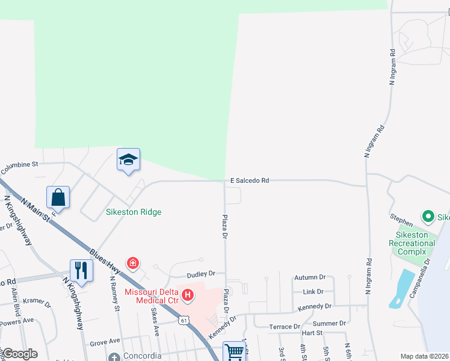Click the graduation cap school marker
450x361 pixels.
click(128, 159)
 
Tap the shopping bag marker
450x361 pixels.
click(58, 197)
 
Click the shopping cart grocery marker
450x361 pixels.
click(234, 351)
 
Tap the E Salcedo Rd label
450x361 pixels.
click(249, 180)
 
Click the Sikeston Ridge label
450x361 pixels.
click(134, 212)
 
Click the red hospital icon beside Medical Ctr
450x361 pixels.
click(188, 295)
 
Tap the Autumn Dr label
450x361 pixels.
click(309, 277)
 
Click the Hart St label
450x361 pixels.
click(312, 333)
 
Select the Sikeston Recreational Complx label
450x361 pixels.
click(411, 243)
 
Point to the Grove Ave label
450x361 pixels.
click(105, 342)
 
